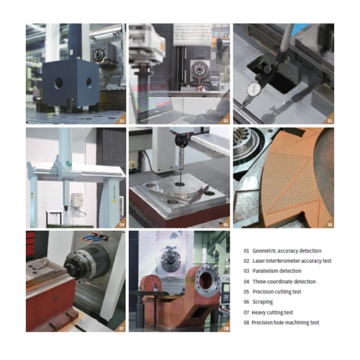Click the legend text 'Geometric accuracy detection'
pos(287,251)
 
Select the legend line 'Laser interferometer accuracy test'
pos(292,261)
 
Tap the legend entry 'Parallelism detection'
pos(277,271)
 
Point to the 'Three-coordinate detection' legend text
pos(284,282)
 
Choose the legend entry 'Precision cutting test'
pos(276,292)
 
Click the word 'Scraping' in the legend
pos(263,302)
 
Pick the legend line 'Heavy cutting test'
pos(272,312)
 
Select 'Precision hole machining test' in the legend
pos(285,323)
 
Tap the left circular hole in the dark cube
pos(58,84)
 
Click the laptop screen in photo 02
pos(151,98)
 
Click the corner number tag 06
pos(330,225)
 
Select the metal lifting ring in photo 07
pos(44,263)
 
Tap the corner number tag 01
pos(122,121)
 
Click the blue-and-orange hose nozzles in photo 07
pos(94,237)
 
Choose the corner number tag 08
pos(226,328)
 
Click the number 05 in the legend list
pos(246,292)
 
